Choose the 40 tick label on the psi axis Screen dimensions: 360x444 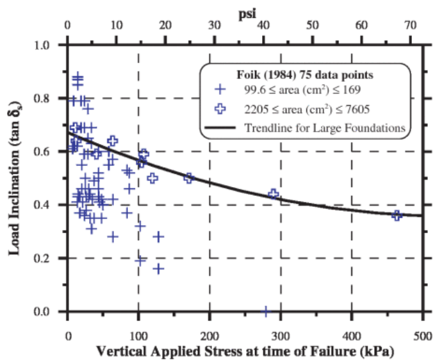tap(263, 26)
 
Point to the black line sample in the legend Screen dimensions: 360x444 tap(221, 127)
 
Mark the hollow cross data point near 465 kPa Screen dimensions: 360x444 tap(397, 215)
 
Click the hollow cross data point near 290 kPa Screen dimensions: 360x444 tap(274, 194)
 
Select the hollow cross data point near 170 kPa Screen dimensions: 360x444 tap(188, 177)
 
